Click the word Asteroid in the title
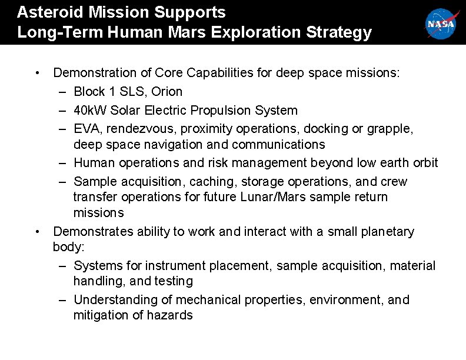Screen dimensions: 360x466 (45, 12)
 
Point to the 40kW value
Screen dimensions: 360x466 (90, 111)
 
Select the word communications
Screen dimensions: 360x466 (279, 145)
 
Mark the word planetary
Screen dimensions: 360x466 (385, 232)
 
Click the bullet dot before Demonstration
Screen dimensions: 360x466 (37, 73)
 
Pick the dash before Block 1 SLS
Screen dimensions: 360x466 (63, 92)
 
